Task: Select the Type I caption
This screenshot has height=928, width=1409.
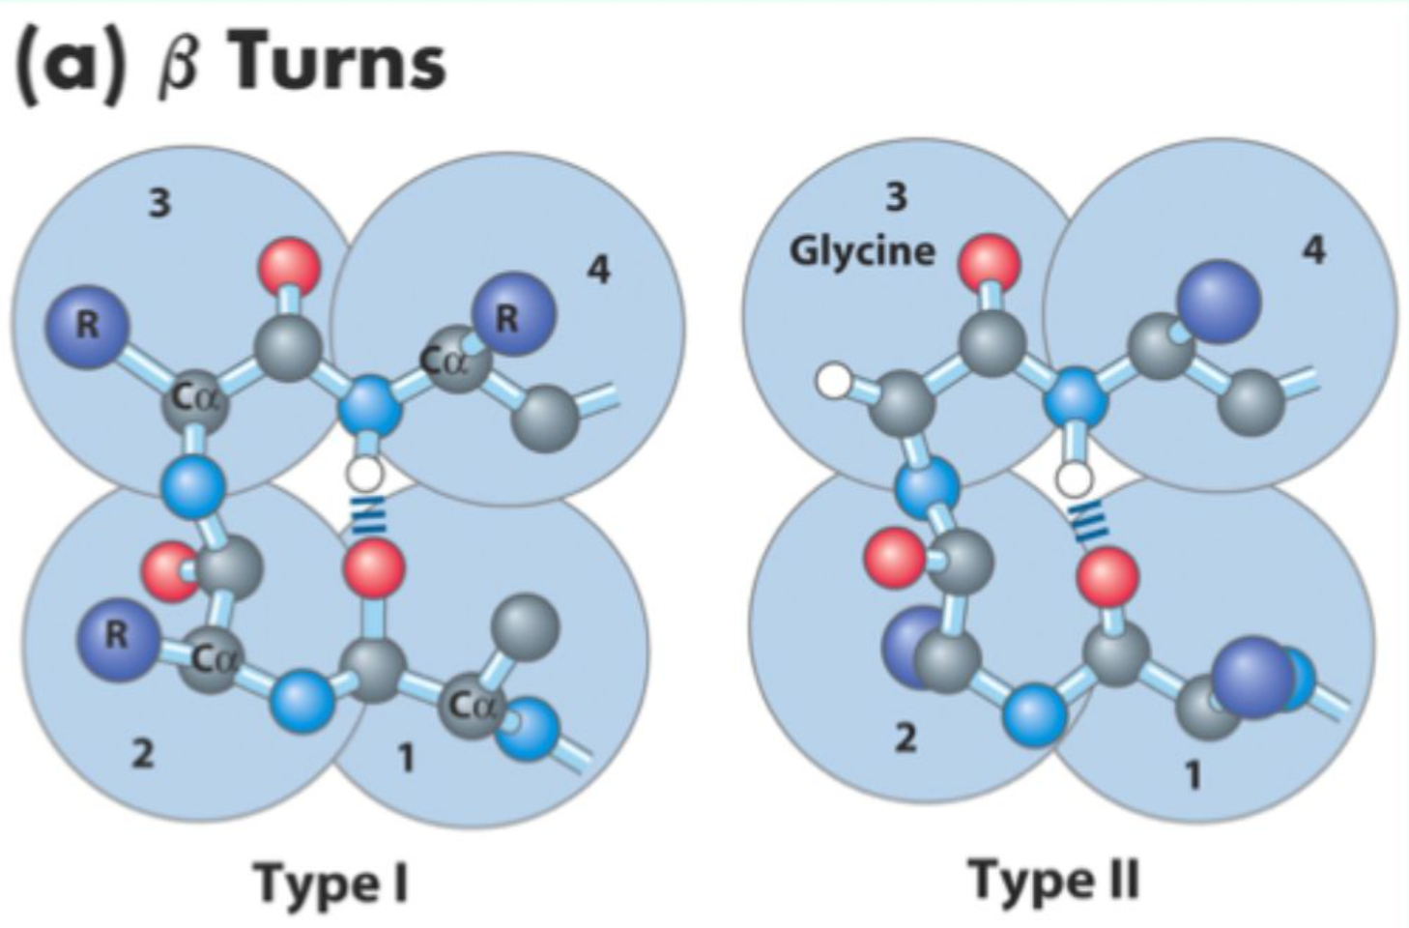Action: coord(331,882)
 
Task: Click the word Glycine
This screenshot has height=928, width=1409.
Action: coord(862,250)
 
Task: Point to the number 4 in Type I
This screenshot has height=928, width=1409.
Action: coord(598,270)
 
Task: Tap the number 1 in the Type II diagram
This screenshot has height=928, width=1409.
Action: coord(1193,774)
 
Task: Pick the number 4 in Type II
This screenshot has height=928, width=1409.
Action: coord(1312,249)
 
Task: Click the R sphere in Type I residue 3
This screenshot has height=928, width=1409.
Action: coord(87,326)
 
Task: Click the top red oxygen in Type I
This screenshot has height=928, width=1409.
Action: coord(291,266)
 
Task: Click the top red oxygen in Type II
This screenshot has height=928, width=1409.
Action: coord(989,262)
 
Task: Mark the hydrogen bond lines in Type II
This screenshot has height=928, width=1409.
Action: coord(1090,523)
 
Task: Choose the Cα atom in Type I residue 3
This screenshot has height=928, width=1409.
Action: coord(197,401)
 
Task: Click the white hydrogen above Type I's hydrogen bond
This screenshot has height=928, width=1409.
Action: coord(365,474)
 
